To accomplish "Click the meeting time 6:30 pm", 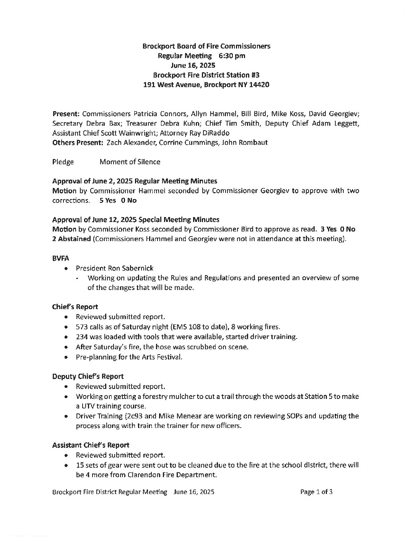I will [232, 56].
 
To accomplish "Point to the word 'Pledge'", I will [63, 162].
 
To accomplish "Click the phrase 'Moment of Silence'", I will [130, 162].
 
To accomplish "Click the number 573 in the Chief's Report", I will [82, 327].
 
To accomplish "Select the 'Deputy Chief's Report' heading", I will [88, 377].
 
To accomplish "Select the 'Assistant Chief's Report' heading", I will [91, 445].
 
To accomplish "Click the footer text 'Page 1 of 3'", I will [316, 492].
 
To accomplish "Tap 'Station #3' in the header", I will [244, 75].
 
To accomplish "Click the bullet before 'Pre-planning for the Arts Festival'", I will [67, 358].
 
